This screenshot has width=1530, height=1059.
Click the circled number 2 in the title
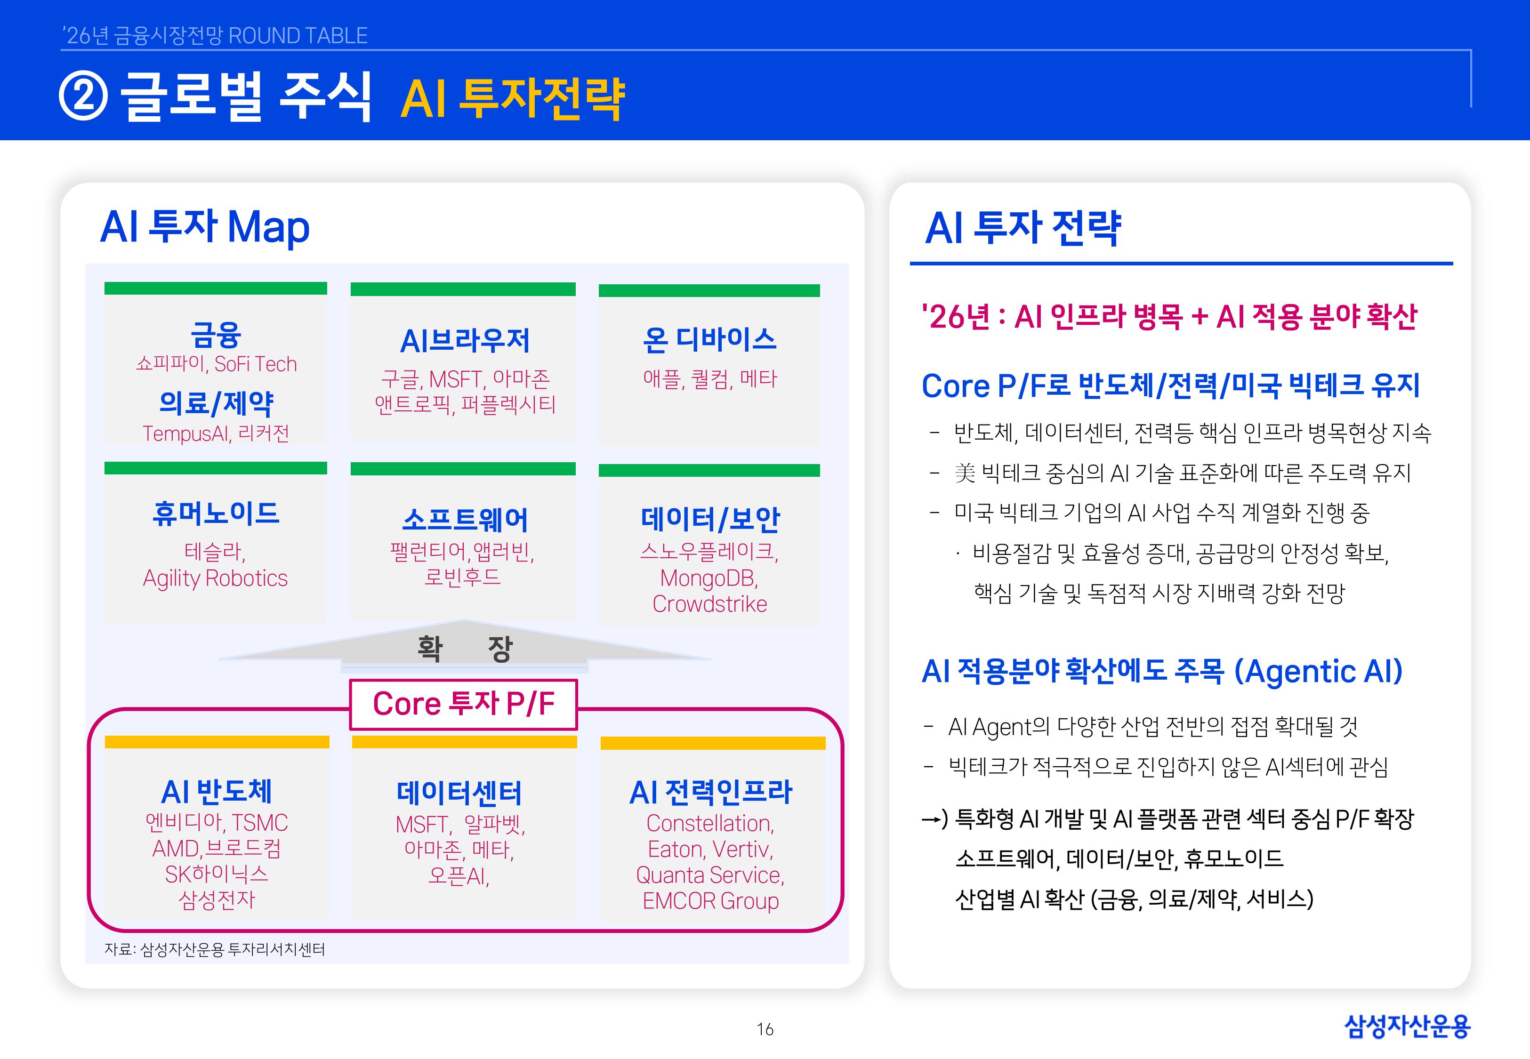[83, 97]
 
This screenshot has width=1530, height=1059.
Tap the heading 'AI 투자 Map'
[204, 227]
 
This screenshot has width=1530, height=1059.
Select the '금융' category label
[216, 335]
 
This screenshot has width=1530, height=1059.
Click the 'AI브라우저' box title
[465, 341]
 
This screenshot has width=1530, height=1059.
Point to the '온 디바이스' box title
[709, 340]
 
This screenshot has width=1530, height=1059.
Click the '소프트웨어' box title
[465, 520]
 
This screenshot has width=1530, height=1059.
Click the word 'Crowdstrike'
[709, 604]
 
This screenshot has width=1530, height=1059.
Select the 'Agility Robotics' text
[216, 578]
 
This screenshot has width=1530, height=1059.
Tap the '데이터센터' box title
[459, 793]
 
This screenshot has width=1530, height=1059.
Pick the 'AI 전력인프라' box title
[710, 792]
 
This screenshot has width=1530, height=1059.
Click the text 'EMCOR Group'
[710, 901]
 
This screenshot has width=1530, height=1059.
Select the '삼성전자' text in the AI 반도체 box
[217, 900]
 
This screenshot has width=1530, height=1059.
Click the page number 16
[765, 1029]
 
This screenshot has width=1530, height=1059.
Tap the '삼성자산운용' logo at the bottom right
[1407, 1027]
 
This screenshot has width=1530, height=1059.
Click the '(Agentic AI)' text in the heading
[1318, 672]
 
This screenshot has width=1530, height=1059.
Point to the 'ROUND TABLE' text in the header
[298, 36]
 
